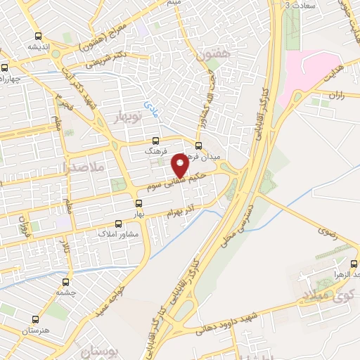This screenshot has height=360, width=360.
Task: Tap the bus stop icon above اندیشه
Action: coord(36,35)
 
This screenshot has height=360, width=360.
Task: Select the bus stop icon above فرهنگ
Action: coord(155,139)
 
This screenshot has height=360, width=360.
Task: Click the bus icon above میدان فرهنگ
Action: coord(198,145)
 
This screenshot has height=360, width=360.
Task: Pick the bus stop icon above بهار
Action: coord(140,202)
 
